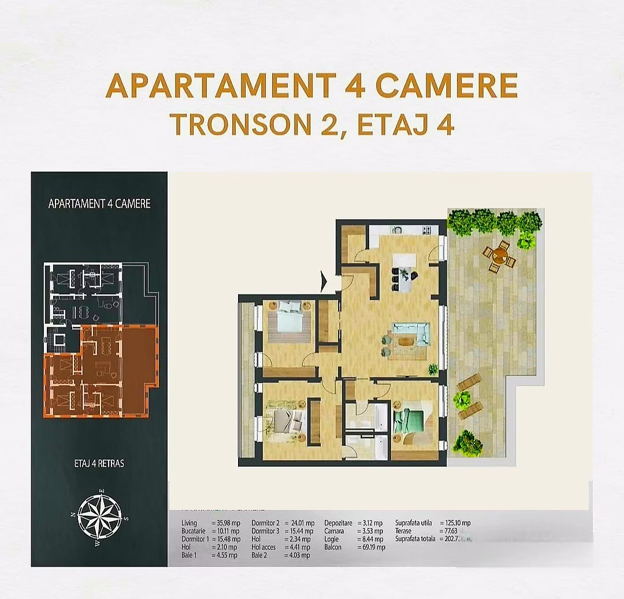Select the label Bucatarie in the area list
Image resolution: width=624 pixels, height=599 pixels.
coord(194,531)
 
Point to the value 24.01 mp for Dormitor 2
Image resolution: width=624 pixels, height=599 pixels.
coord(299,523)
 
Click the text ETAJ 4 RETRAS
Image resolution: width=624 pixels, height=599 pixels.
coord(99,463)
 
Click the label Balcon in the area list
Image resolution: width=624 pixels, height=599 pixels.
coord(333,547)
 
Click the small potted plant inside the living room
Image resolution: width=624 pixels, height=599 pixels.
coord(432,368)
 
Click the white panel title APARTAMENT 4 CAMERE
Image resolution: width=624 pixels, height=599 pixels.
coord(99,204)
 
